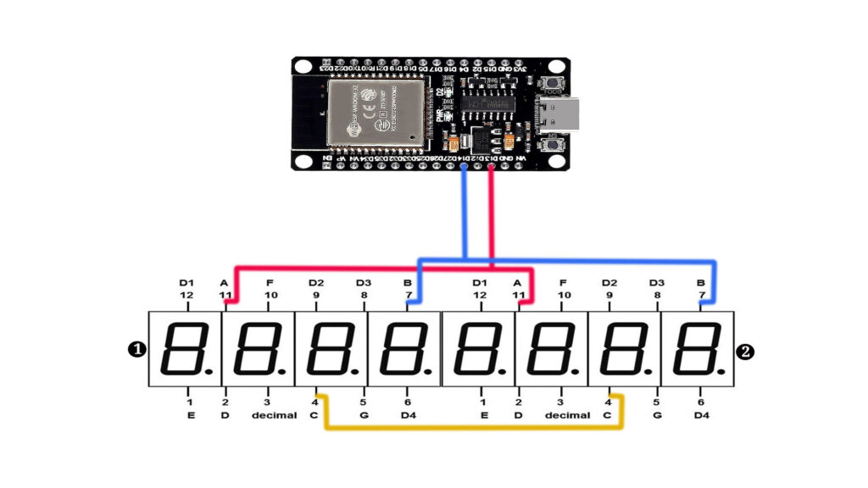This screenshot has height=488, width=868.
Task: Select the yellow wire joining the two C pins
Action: pyautogui.click(x=471, y=425)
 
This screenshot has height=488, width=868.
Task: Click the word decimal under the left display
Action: pyautogui.click(x=274, y=416)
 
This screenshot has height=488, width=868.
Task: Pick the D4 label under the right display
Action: pyautogui.click(x=700, y=416)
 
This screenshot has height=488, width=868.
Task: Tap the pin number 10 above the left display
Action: pyautogui.click(x=271, y=295)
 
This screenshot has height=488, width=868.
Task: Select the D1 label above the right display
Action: pyautogui.click(x=480, y=283)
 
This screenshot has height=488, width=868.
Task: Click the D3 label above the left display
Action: pyautogui.click(x=364, y=283)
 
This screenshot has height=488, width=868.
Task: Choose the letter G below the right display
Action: pyautogui.click(x=656, y=416)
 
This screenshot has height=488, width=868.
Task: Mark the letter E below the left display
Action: pyautogui.click(x=190, y=416)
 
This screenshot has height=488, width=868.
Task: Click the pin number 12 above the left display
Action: pyautogui.click(x=186, y=295)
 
